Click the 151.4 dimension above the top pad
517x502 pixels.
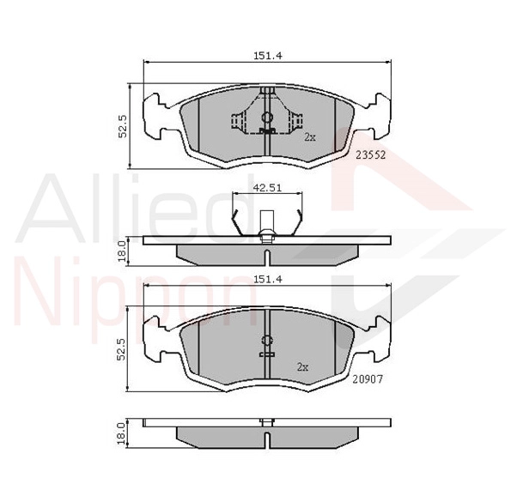[x=268, y=56]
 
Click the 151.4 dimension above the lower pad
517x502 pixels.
[x=268, y=280]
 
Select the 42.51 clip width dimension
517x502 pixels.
[x=267, y=188]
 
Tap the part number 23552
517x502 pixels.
[x=371, y=154]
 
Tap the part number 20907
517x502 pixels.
[x=368, y=379]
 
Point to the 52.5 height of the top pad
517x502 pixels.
[x=123, y=126]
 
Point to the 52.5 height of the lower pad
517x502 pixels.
[x=121, y=349]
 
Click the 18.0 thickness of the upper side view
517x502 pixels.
[x=121, y=251]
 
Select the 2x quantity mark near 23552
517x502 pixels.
[x=310, y=137]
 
